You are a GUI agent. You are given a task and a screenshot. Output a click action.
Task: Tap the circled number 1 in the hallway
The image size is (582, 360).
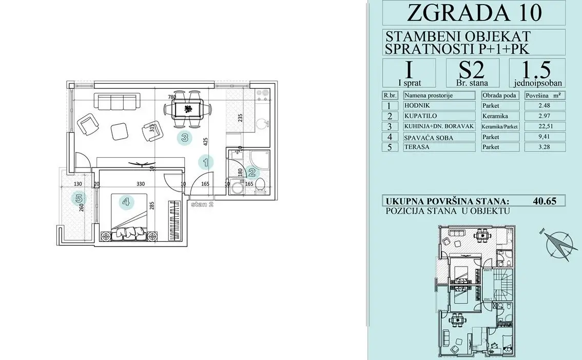[205, 163]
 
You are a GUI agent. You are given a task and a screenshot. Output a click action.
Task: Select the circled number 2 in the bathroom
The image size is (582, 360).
[252, 173]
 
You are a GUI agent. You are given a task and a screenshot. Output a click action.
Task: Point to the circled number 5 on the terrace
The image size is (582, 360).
[79, 197]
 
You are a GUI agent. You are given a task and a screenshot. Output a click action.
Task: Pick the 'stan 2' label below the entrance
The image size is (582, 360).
[202, 204]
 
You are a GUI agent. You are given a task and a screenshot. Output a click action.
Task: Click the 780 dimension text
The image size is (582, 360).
[173, 97]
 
